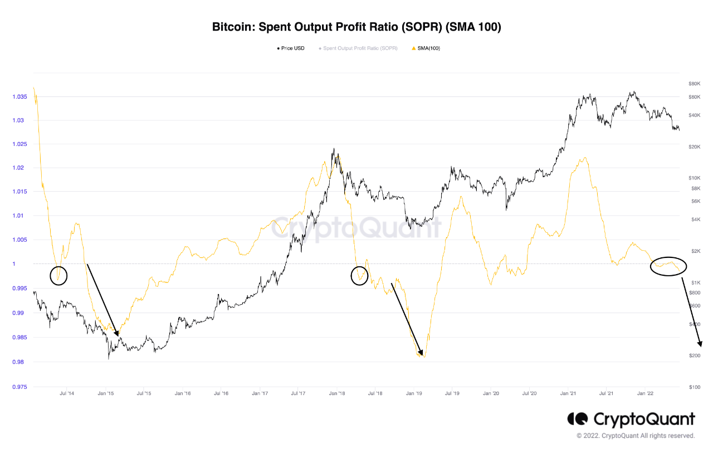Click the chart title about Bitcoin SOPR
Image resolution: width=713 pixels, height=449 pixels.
pos(356,27)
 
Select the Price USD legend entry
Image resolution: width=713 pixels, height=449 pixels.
pos(291,48)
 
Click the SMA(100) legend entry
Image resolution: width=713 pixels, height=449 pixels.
pos(426,48)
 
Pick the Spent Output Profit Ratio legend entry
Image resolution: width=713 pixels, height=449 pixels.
pos(358,48)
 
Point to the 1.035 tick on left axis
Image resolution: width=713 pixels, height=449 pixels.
pos(18,97)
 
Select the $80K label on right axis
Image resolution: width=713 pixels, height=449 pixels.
pos(694,84)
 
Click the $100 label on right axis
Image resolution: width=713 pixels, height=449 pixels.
pos(694,387)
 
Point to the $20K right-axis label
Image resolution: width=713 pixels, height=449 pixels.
pos(694,147)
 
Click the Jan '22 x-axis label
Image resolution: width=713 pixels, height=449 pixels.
pos(645,393)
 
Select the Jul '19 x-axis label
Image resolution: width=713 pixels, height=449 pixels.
pos(452,393)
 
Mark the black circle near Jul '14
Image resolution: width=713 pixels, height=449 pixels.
pos(58,275)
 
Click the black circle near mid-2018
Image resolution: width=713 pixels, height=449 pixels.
pos(360,275)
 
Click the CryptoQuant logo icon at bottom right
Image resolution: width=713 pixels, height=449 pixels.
pos(578,419)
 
